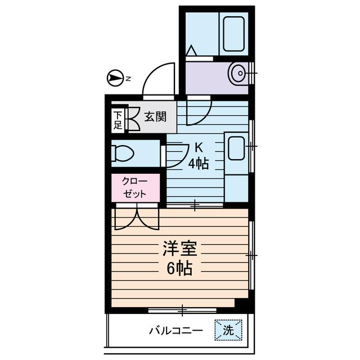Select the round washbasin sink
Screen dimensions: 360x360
(238, 73)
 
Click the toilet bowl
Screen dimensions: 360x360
(122, 153)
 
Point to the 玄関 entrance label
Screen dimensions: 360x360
(154, 118)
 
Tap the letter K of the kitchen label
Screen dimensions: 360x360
(198, 148)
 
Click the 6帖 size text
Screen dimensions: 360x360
(179, 269)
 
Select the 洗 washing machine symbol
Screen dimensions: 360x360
(228, 330)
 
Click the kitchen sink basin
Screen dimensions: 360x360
(236, 149)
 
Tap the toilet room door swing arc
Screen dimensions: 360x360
(175, 155)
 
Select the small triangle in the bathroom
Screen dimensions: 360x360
(191, 51)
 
